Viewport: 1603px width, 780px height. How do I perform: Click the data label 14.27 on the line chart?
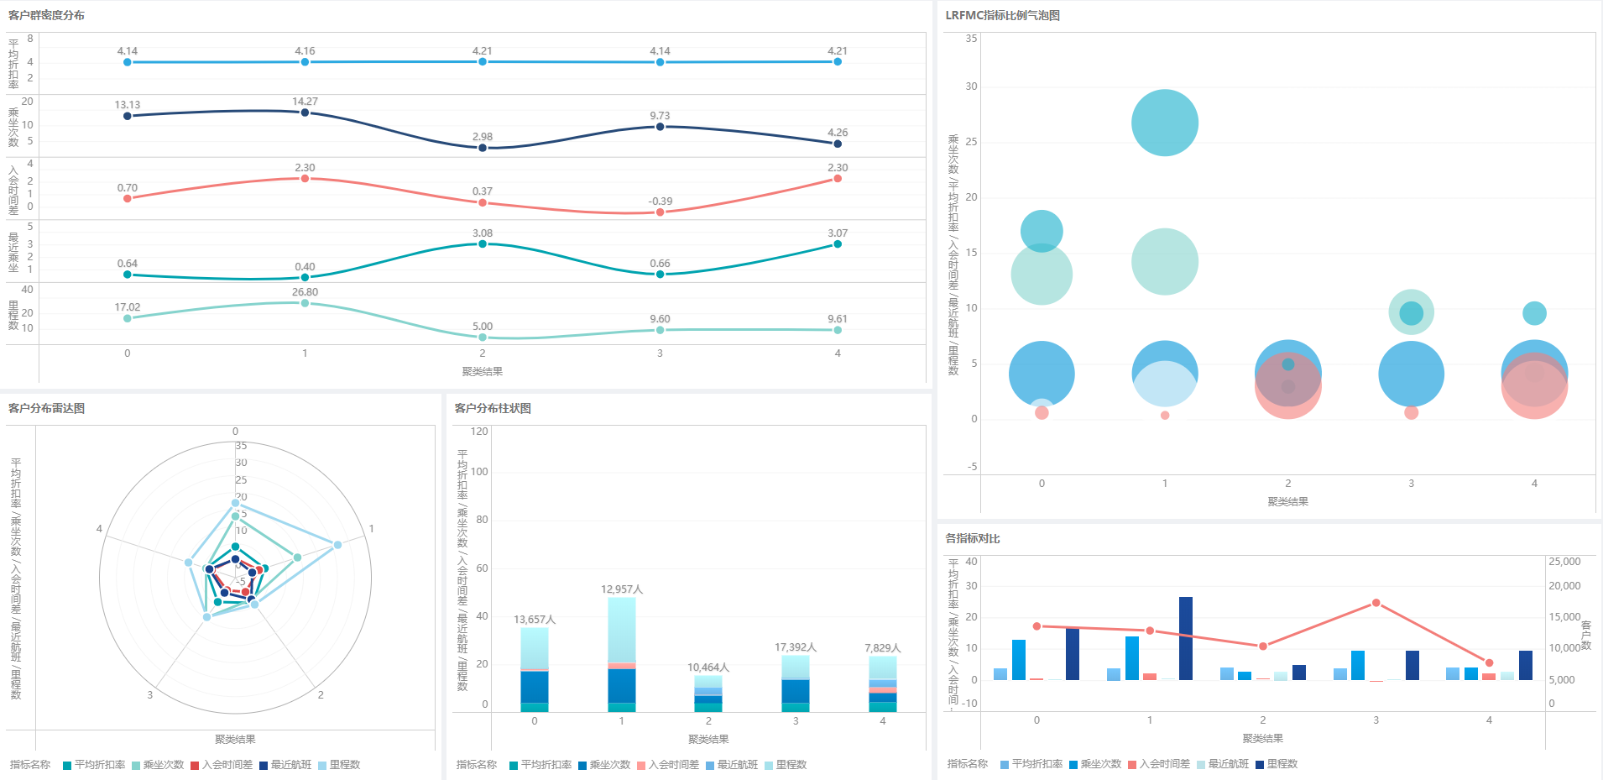[x=305, y=102]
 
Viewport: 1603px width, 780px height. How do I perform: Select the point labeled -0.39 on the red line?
[x=660, y=212]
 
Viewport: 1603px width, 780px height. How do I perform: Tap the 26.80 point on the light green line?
[x=305, y=302]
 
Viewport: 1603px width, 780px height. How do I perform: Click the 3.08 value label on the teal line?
[x=482, y=233]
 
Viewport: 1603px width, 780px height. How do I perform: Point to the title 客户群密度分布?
[x=46, y=16]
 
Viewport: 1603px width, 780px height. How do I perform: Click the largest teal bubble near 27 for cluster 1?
[x=1164, y=123]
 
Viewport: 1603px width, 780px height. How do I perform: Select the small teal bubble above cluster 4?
[x=1534, y=313]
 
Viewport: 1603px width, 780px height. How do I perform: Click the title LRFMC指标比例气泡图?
[x=1002, y=16]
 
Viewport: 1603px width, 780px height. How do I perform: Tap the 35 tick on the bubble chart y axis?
[x=971, y=39]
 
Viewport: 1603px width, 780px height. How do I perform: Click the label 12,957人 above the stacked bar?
[x=622, y=589]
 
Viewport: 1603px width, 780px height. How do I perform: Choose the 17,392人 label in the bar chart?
[x=796, y=647]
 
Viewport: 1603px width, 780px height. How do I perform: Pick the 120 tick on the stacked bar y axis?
[x=479, y=432]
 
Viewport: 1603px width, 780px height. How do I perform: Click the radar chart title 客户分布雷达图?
[x=46, y=409]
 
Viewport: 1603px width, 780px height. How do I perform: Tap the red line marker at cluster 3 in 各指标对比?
[x=1376, y=603]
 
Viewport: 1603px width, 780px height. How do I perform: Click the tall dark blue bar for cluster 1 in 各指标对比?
[x=1185, y=638]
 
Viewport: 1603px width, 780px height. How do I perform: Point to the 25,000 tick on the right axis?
[x=1564, y=562]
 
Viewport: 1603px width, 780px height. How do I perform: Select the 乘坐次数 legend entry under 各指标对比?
[x=1094, y=764]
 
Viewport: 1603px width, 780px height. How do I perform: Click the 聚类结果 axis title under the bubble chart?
[x=1287, y=502]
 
